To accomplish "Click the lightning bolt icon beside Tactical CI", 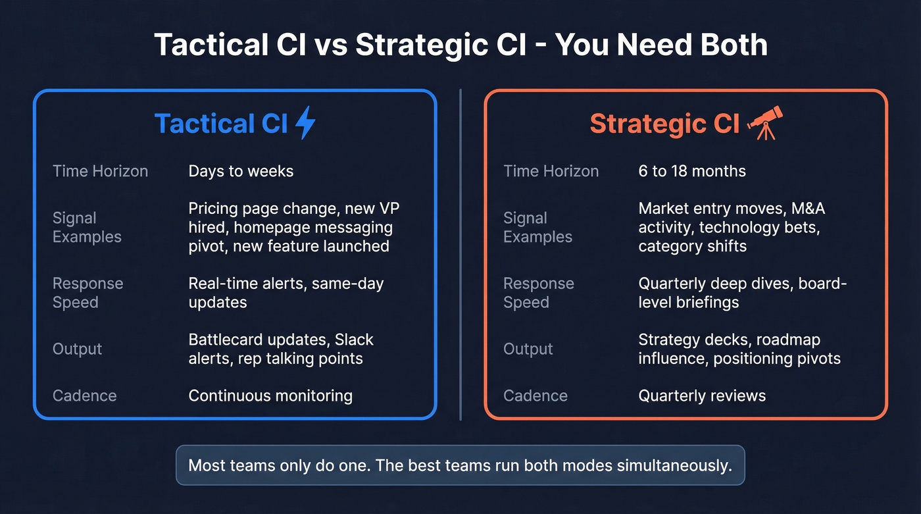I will click(x=305, y=123).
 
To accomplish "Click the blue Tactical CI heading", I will click(x=221, y=124).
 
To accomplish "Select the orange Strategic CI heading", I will click(x=664, y=124).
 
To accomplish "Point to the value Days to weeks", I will click(x=241, y=172).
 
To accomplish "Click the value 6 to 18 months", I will click(x=692, y=172).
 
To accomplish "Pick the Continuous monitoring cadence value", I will click(x=270, y=396).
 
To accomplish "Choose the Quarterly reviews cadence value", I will click(x=702, y=396).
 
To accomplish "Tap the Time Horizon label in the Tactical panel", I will click(x=100, y=172).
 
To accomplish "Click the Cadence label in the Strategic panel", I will click(x=535, y=396).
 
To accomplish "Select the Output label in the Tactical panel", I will click(x=77, y=349).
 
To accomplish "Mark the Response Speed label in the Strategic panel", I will click(x=538, y=293).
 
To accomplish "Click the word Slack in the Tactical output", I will click(x=354, y=340).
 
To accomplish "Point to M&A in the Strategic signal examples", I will click(x=809, y=209).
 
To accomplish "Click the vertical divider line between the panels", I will click(x=460, y=254).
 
